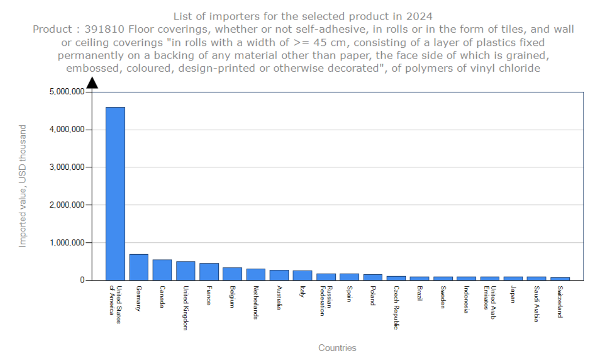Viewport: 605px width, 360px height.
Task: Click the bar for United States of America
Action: [x=115, y=194]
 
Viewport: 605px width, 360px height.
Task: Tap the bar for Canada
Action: [x=162, y=270]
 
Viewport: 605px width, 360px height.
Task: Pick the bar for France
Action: [x=209, y=272]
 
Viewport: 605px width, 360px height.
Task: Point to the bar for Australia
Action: [x=279, y=275]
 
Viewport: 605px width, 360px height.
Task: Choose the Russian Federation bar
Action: [x=326, y=277]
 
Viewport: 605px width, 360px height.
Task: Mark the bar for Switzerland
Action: [x=560, y=279]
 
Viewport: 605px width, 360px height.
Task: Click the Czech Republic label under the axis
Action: [x=396, y=308]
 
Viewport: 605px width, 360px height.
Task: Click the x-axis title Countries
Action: [x=337, y=348]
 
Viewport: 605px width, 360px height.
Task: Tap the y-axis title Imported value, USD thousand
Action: [x=22, y=186]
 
